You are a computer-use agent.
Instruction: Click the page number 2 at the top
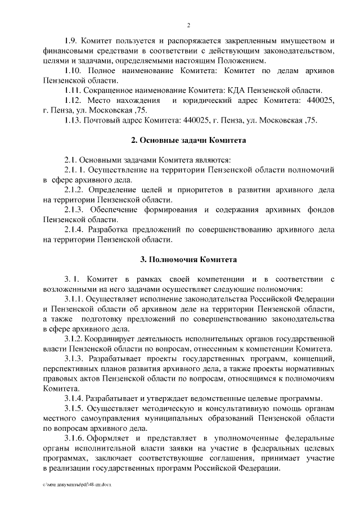tap(189, 25)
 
